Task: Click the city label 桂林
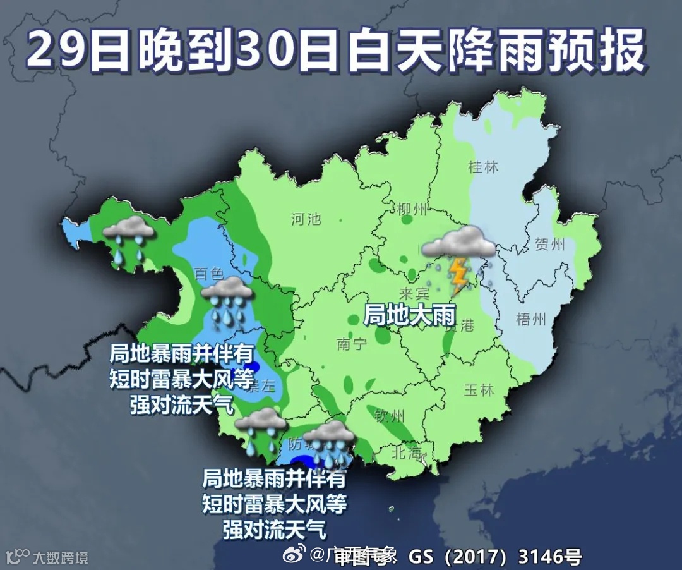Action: coord(483,167)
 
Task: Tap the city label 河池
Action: coord(306,219)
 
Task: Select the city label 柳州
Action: coord(413,209)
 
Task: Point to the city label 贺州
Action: coord(549,244)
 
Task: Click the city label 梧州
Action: coord(530,319)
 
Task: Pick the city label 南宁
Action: coord(352,344)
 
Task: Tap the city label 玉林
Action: coord(479,390)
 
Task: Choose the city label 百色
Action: coord(209,274)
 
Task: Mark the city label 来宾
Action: coord(414,294)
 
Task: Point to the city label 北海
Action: coord(405,452)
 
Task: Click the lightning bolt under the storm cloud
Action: coord(458,273)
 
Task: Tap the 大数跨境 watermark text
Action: coord(60,557)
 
